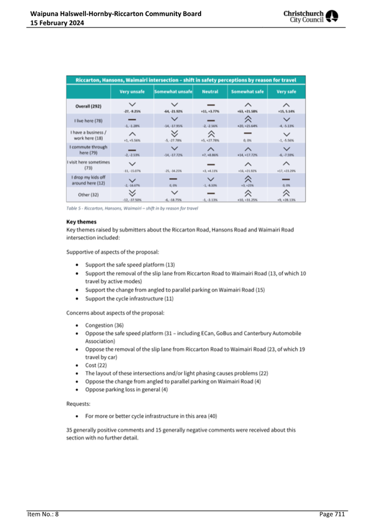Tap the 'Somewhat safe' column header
coord(247,92)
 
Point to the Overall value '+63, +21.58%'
coord(247,111)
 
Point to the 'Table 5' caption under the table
coord(132,208)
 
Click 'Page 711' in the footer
coord(332,514)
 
